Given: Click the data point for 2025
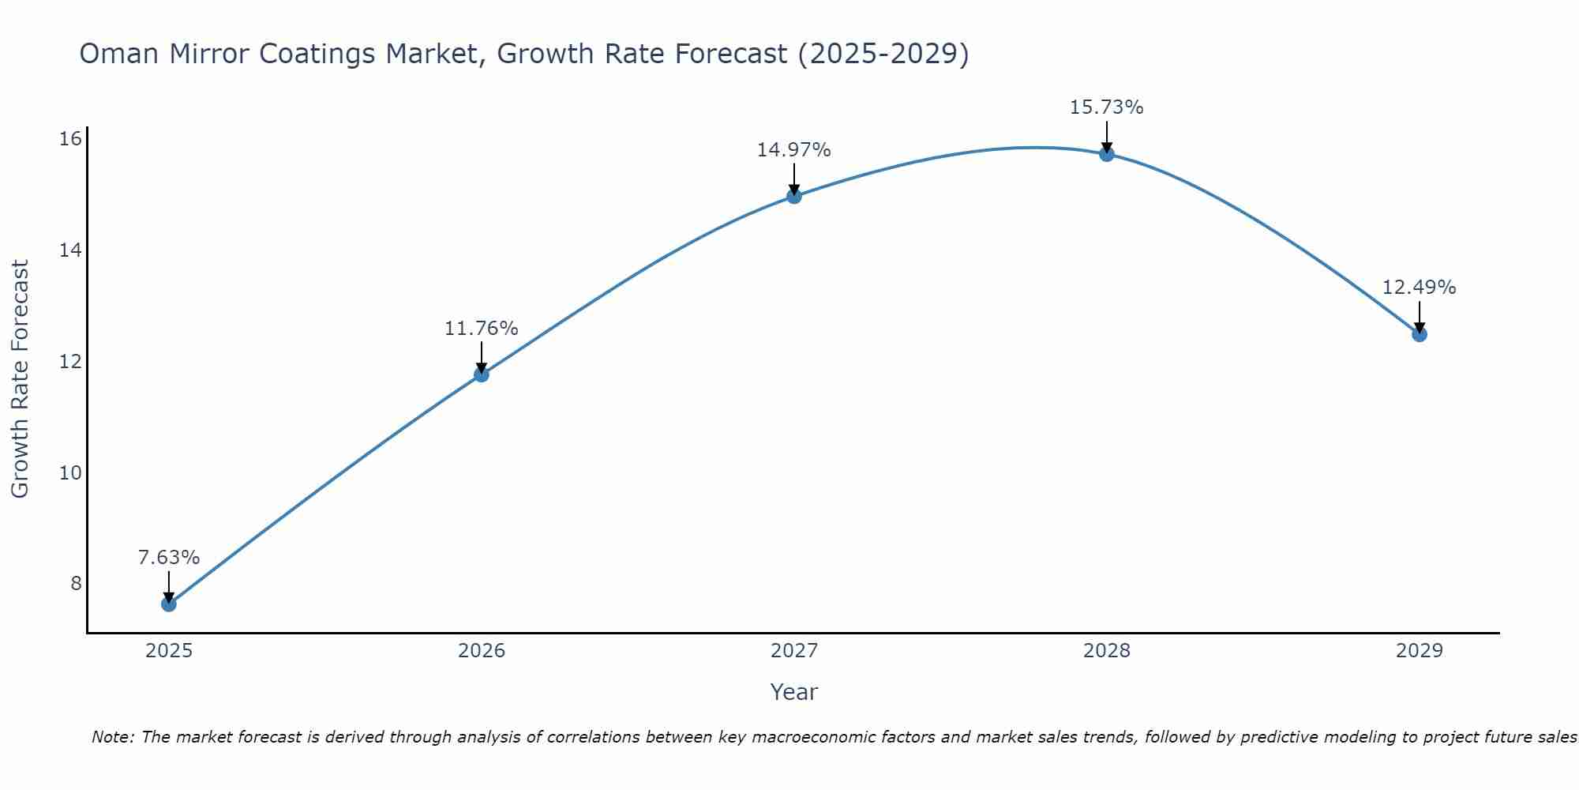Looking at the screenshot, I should click(x=169, y=604).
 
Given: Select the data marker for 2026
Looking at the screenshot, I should click(x=482, y=374).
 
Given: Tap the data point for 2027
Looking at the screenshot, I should click(x=794, y=196).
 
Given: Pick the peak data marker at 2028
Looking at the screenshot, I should click(x=1107, y=154).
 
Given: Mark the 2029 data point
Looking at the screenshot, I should click(x=1420, y=334).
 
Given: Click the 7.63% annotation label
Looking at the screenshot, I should click(x=169, y=558).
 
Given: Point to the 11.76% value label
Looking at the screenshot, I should click(x=482, y=329).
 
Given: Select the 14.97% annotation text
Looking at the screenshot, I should click(x=794, y=150).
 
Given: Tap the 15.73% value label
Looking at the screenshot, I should click(x=1107, y=107).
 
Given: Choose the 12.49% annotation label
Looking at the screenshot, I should click(x=1420, y=288).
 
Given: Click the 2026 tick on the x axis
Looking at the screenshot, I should click(x=482, y=651).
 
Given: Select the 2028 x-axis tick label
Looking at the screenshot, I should click(x=1107, y=651).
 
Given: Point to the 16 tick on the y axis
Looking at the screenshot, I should click(x=71, y=139).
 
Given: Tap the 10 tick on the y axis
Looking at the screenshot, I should click(x=71, y=473).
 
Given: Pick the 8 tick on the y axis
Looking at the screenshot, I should click(x=76, y=584).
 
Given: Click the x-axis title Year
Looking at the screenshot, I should click(x=794, y=692).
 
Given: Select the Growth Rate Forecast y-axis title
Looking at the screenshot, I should click(x=21, y=379).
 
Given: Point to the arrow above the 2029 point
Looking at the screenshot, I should click(x=1420, y=316).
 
